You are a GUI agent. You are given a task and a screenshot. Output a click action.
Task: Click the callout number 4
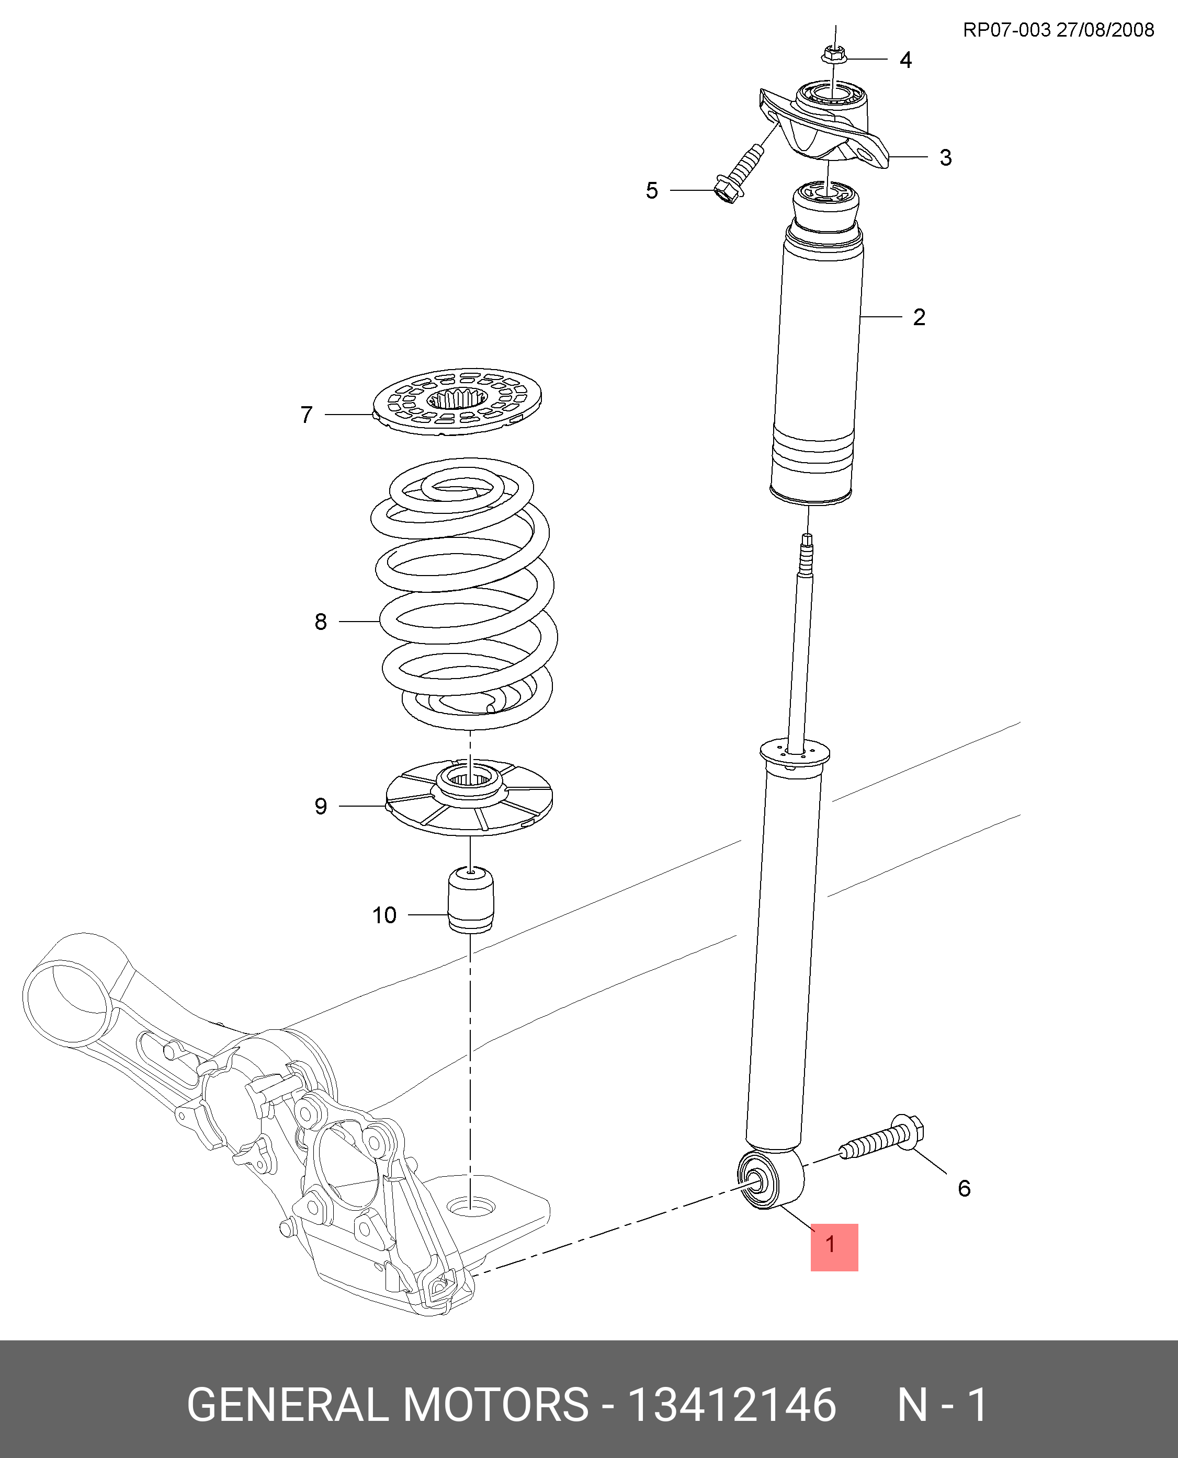pyautogui.click(x=905, y=60)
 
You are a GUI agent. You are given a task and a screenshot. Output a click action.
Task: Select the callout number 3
pyautogui.click(x=945, y=158)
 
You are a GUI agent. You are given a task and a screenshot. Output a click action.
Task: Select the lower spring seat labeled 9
pyautogui.click(x=469, y=798)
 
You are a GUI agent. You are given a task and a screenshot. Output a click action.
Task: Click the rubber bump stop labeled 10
pyautogui.click(x=470, y=899)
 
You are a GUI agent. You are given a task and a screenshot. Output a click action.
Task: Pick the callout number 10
pyautogui.click(x=384, y=915)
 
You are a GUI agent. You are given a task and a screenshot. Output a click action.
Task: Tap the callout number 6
pyautogui.click(x=964, y=1188)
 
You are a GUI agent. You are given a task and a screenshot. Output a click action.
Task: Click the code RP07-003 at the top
pyautogui.click(x=1006, y=30)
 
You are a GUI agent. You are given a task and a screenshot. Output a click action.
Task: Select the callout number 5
pyautogui.click(x=651, y=191)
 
